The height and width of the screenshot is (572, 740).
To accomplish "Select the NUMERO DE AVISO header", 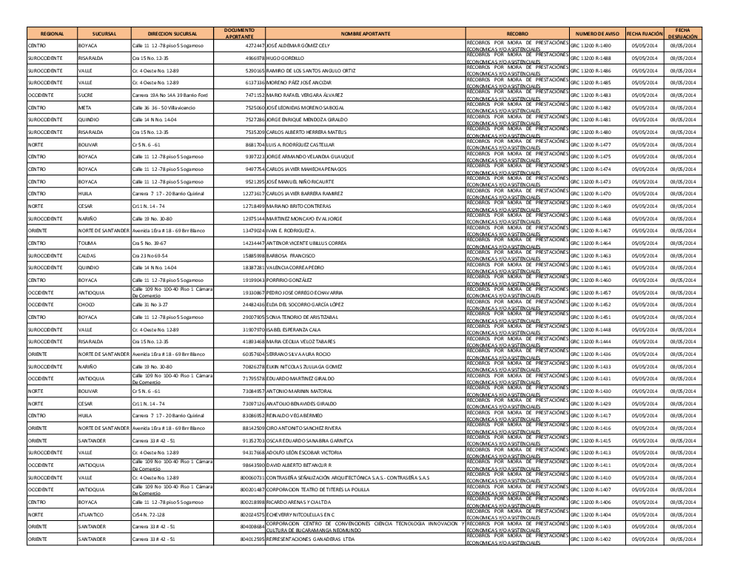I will [x=596, y=33].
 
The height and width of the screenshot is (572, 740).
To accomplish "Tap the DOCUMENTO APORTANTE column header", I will [x=239, y=33].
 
